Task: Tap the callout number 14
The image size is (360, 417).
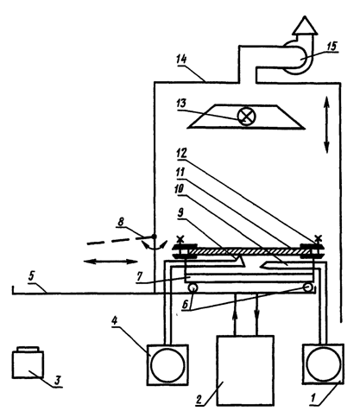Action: [x=181, y=60]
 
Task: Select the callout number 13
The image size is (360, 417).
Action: [x=181, y=104]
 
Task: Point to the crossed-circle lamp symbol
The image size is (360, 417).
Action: [x=246, y=117]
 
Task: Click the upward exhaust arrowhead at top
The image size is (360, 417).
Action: [x=305, y=25]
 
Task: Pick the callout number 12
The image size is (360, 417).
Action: [x=181, y=153]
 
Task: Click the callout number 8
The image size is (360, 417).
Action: [x=121, y=222]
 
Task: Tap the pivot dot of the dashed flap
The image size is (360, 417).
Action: [x=155, y=237]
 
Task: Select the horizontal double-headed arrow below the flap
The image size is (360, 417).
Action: [x=111, y=262]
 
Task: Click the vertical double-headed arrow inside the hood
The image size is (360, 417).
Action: [x=326, y=125]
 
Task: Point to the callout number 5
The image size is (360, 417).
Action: [x=31, y=275]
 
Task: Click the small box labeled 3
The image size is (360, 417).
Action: [x=28, y=363]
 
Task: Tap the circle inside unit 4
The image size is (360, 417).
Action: [x=167, y=364]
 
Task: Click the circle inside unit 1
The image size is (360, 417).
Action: [x=323, y=363]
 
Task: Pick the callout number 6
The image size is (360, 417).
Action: [x=186, y=305]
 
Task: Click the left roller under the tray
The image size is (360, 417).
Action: [x=192, y=287]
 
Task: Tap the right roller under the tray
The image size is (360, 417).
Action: [x=308, y=287]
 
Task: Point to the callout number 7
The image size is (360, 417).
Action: [x=140, y=277]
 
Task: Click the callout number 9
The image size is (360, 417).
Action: [x=180, y=213]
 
